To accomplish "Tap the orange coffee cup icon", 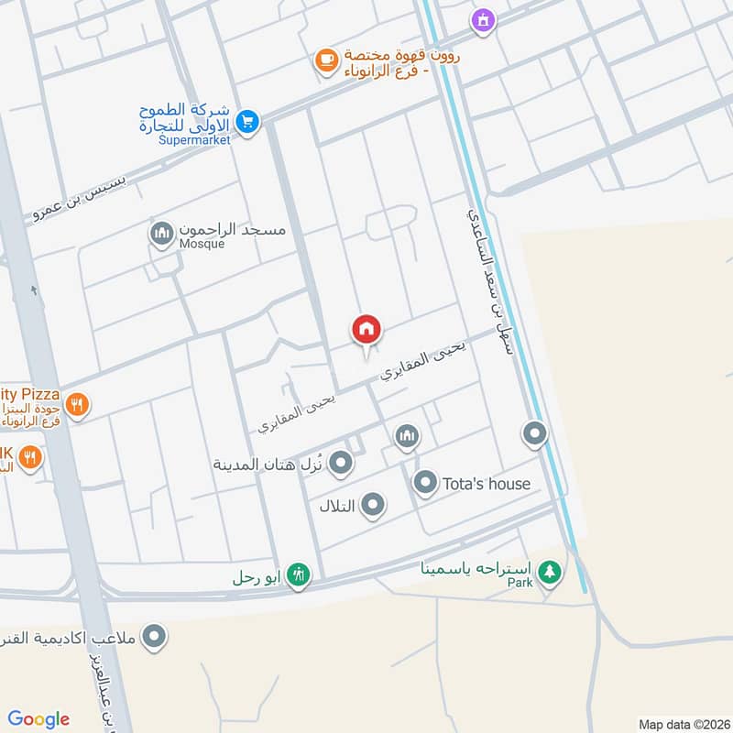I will (x=325, y=60).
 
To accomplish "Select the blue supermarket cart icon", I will (x=246, y=121).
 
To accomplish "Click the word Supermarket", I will (x=194, y=140).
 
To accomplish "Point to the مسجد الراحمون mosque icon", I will (x=162, y=233).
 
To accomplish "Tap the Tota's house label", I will (x=486, y=483).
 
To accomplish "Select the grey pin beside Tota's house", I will (x=425, y=482).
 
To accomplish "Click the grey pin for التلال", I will (x=372, y=504).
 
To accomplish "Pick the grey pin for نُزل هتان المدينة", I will (x=341, y=463).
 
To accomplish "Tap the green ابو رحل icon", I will (x=299, y=575).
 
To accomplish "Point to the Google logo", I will (x=38, y=718).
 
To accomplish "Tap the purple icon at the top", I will (x=482, y=18).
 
